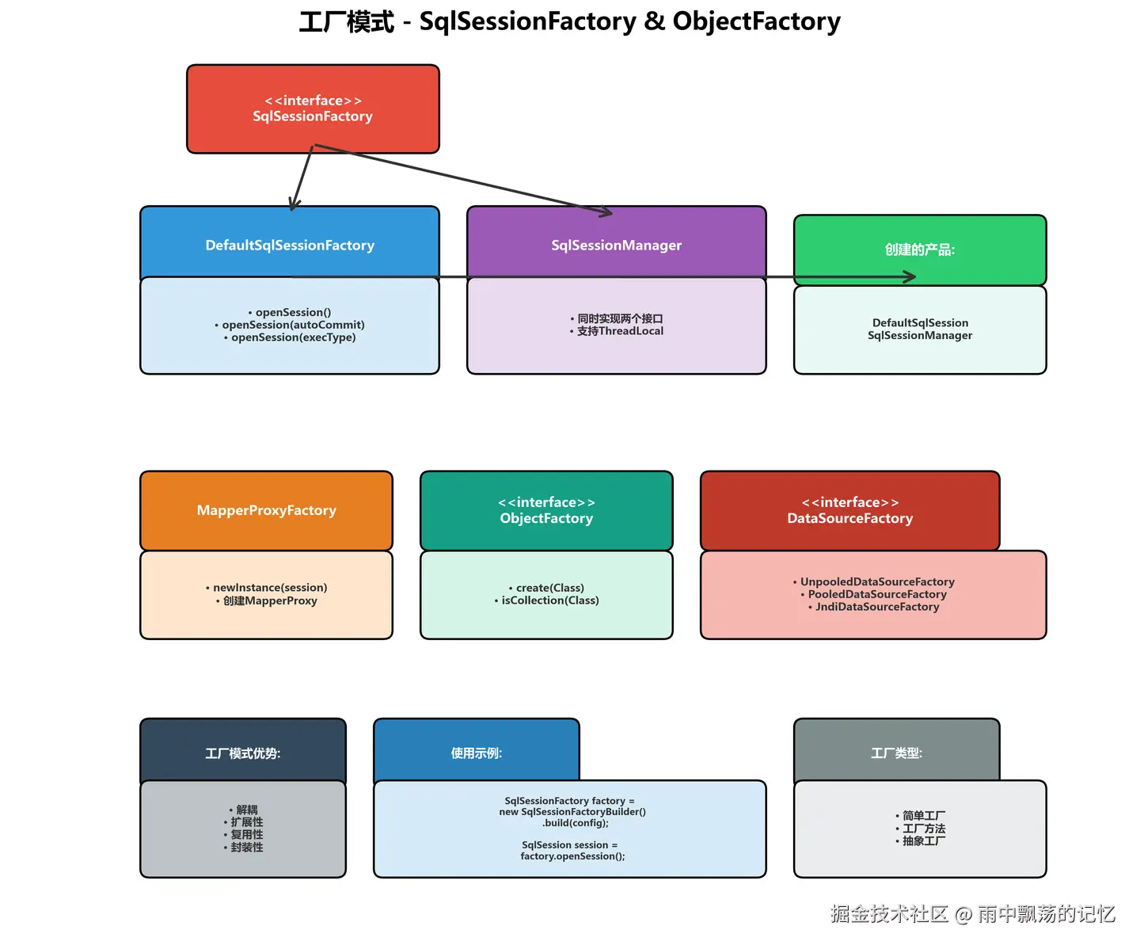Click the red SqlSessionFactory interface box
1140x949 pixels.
click(x=313, y=109)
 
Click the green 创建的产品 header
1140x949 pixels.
click(x=919, y=250)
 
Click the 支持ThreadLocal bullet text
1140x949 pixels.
click(x=620, y=331)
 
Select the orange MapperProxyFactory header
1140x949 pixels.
click(x=266, y=510)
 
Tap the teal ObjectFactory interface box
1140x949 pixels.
click(x=546, y=510)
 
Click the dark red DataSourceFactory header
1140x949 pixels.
click(x=849, y=510)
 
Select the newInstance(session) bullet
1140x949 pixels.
click(x=270, y=588)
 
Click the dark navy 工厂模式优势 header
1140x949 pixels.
click(x=242, y=753)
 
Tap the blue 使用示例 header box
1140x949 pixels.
click(x=476, y=753)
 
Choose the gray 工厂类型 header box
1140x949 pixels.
click(x=896, y=753)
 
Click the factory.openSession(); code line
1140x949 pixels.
click(x=572, y=856)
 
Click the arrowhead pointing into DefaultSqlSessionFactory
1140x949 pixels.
click(x=294, y=205)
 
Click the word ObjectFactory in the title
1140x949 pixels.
click(x=756, y=21)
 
